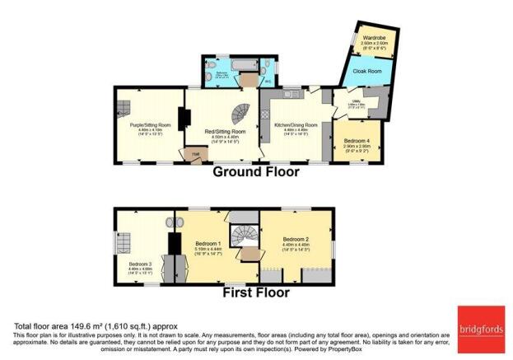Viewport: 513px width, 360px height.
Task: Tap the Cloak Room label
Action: (364, 72)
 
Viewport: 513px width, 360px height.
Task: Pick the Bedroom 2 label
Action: (296, 241)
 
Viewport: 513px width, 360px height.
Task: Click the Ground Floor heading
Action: (255, 173)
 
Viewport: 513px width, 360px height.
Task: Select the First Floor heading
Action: (255, 292)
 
